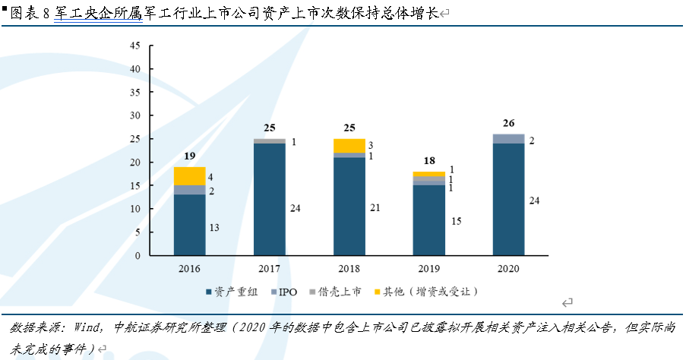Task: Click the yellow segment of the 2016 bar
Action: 189,175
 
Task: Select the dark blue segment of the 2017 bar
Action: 269,199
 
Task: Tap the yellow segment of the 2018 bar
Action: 349,146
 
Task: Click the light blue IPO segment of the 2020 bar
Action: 508,138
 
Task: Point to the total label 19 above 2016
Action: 189,157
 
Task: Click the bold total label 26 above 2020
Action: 508,124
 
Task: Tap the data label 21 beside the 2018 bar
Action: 375,207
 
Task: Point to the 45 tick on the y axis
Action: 136,46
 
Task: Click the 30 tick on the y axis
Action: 136,115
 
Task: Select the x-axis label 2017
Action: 269,268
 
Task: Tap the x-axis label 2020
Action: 508,268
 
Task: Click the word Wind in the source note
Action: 88,327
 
